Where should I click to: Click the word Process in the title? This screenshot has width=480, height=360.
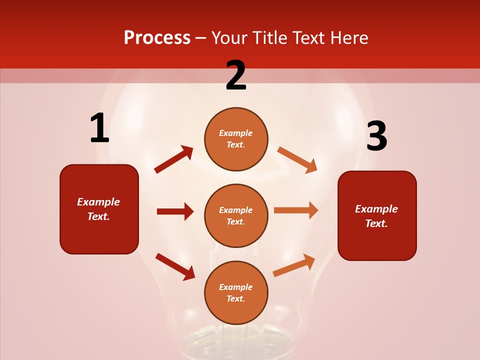[x=157, y=38]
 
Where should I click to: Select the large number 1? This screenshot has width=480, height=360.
[x=99, y=128]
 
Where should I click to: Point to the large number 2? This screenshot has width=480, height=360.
[x=236, y=75]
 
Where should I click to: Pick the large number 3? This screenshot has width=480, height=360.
[x=376, y=136]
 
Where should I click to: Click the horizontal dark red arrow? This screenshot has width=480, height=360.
[x=175, y=211]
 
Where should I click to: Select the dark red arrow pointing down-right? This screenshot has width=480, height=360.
[x=175, y=266]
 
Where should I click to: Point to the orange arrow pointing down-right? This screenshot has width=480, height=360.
[x=297, y=159]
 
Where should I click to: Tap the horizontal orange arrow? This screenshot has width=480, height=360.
[x=296, y=210]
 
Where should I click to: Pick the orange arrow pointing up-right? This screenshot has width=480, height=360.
[x=294, y=265]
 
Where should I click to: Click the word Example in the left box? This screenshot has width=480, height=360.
[x=98, y=202]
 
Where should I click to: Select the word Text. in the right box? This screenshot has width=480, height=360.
[x=376, y=223]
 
